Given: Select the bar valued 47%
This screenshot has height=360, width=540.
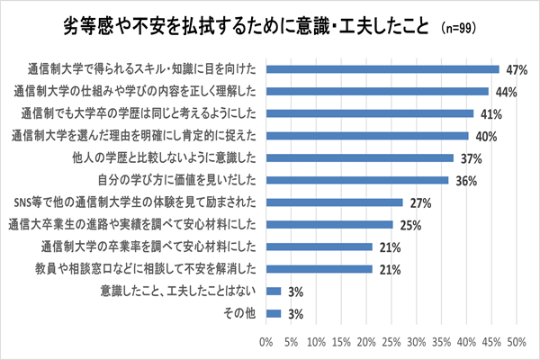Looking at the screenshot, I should pos(382,69).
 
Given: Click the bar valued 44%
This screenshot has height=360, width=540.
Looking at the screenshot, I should pos(377,91).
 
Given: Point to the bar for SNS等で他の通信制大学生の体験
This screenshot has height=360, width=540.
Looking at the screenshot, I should pos(334,202).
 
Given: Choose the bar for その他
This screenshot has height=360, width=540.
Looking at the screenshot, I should pos(274,312).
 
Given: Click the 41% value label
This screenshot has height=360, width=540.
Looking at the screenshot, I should pos(488,114).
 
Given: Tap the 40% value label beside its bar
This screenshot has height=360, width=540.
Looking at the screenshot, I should pos(484,137).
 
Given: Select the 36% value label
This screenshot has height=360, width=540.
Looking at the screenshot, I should pos(464,181).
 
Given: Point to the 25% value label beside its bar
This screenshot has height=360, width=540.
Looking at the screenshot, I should pos(409,225).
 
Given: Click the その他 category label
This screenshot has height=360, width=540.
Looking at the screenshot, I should pos(238,313).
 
